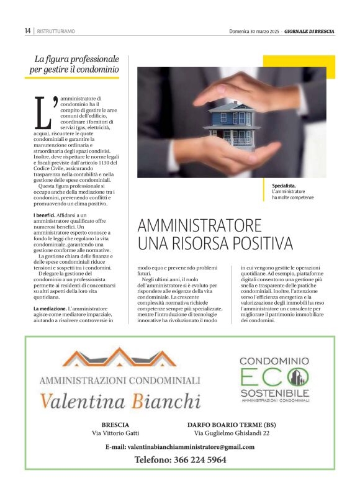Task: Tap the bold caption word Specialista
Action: click(x=284, y=186)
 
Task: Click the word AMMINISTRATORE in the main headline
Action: click(x=200, y=225)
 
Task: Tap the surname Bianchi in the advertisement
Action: click(x=166, y=401)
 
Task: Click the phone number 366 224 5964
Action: click(x=181, y=460)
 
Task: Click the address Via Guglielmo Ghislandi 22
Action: click(x=232, y=433)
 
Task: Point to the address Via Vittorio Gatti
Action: click(x=115, y=433)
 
